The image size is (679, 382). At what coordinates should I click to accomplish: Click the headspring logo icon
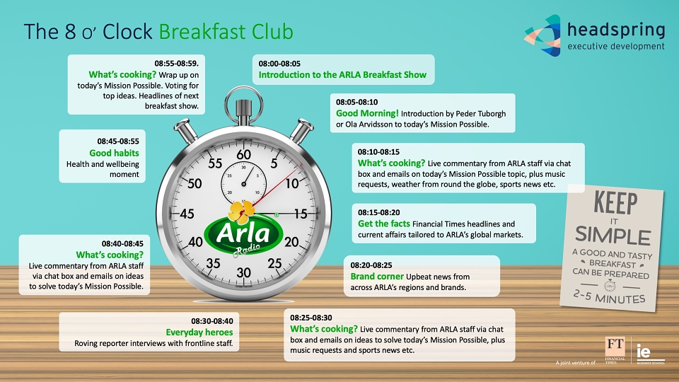(542, 35)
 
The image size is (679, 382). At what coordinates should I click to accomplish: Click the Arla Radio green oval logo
(243, 235)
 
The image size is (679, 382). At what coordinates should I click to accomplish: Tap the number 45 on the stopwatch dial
(187, 214)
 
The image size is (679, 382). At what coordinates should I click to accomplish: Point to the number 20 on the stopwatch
(291, 241)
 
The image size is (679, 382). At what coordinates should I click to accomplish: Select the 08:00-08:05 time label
(279, 64)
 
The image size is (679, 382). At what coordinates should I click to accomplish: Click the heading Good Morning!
(367, 113)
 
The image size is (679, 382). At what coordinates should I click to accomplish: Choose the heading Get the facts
(383, 224)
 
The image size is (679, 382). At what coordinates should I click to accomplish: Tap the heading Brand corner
(377, 277)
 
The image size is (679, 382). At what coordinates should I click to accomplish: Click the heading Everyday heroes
(199, 332)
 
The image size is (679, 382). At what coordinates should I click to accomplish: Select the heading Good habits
(114, 153)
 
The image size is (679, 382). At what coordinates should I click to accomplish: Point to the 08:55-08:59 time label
(176, 64)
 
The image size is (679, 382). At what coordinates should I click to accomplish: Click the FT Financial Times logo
(615, 350)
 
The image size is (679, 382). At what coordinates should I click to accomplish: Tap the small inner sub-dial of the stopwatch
(243, 183)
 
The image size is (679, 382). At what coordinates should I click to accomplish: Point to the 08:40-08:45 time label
(122, 244)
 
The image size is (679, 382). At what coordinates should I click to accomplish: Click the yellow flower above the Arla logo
(241, 212)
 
